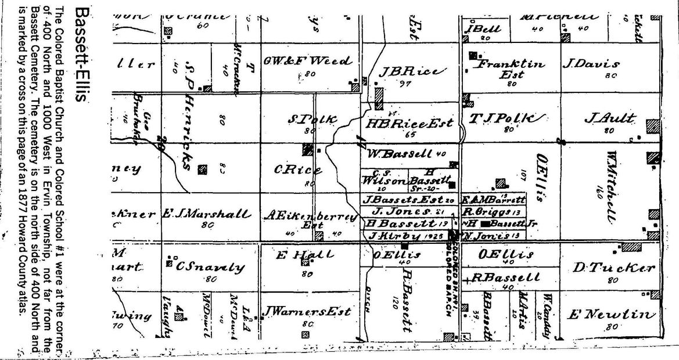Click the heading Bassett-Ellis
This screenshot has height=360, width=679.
[82, 56]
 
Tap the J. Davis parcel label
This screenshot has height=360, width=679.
[590, 64]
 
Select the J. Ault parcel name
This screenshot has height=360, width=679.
[610, 118]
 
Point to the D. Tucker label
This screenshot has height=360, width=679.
[614, 268]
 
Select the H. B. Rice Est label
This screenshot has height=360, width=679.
[409, 123]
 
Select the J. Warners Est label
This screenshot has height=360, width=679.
[306, 312]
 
